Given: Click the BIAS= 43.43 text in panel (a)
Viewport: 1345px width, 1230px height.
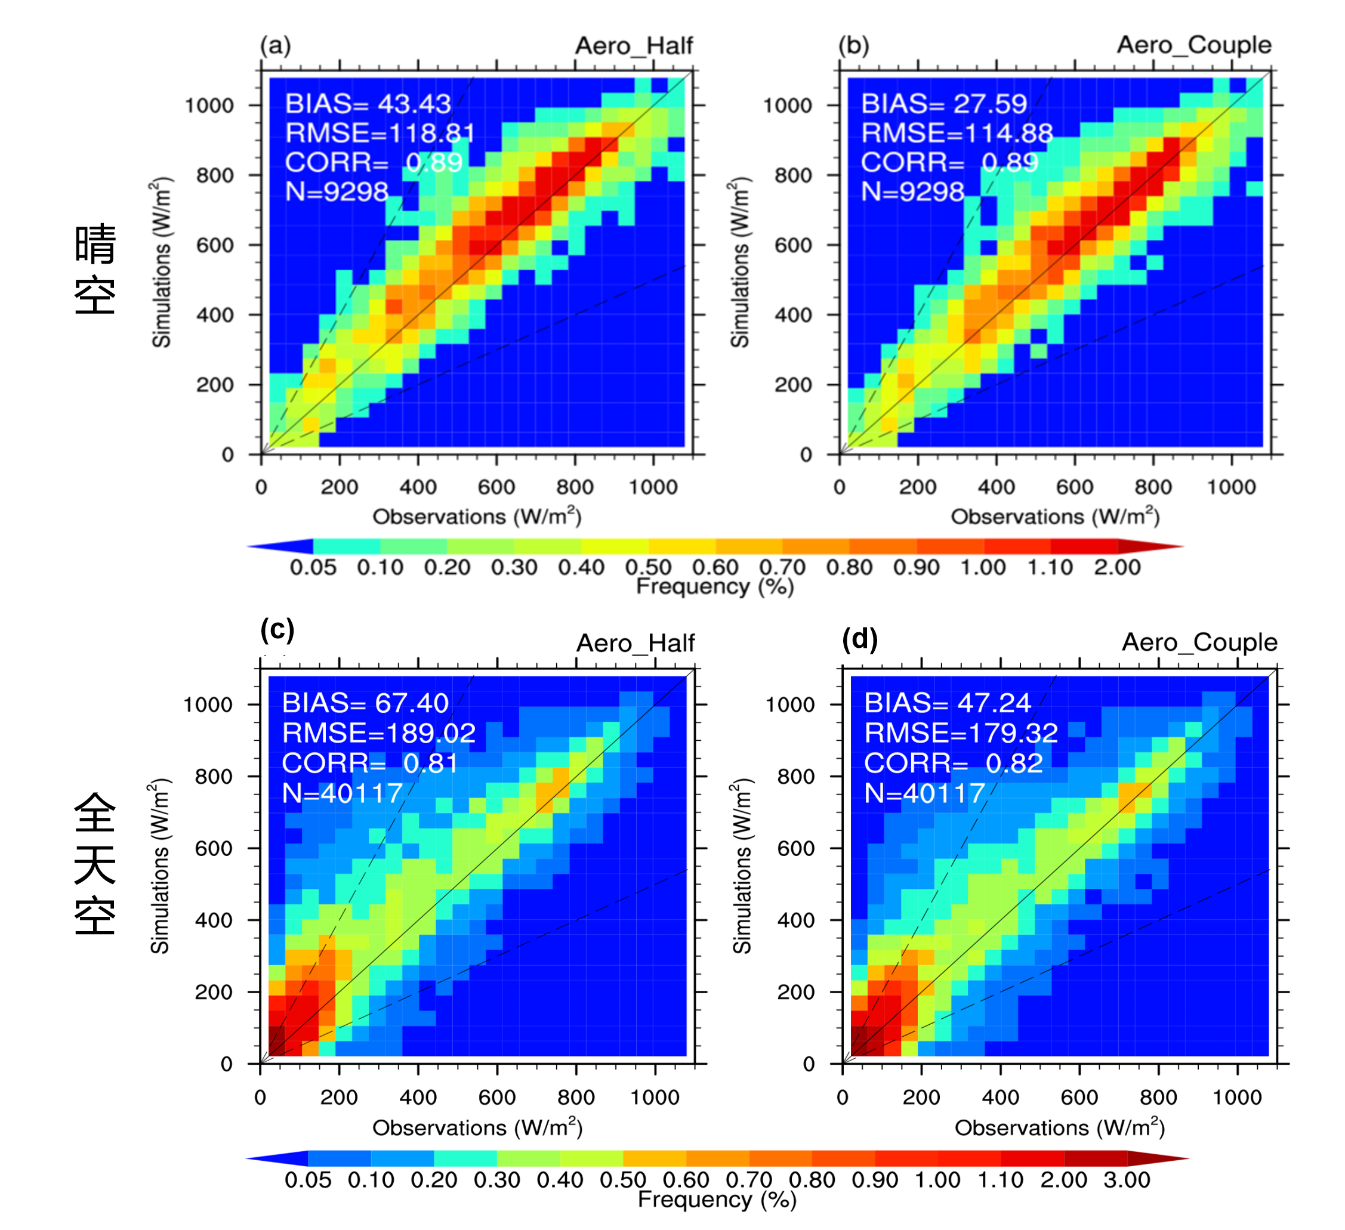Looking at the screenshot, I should [368, 104].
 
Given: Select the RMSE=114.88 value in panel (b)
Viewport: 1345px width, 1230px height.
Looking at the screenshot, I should [957, 134].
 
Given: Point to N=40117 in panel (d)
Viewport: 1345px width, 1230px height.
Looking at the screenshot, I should [924, 793].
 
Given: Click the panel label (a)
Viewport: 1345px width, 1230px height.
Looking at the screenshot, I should [275, 45].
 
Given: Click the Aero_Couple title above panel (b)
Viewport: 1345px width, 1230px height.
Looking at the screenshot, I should [1193, 45].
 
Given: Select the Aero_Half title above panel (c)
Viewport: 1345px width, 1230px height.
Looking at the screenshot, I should [635, 643].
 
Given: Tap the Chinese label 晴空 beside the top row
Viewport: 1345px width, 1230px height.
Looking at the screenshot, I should [95, 270].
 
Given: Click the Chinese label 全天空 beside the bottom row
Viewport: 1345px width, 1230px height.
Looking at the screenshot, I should [95, 863].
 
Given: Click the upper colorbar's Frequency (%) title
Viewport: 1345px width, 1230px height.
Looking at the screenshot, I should [714, 586].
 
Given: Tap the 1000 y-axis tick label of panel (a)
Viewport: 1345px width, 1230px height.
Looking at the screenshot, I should [209, 106].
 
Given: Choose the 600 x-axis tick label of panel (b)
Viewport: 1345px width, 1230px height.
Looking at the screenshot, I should [1074, 487].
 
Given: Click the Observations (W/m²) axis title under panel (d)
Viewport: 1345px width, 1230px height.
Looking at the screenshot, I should [1059, 1127].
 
